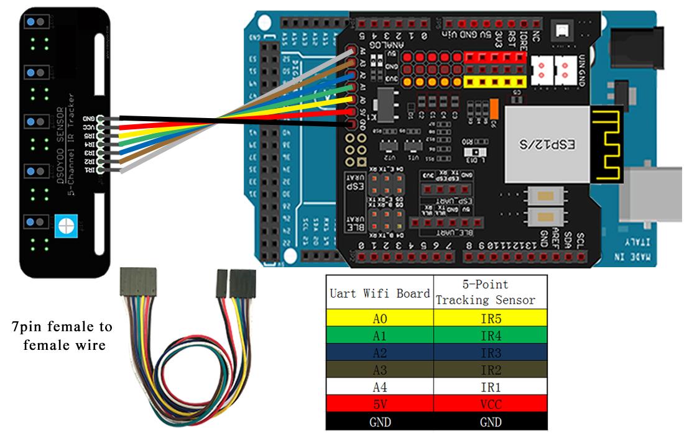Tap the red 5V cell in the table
(379, 404)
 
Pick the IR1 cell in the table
(491, 387)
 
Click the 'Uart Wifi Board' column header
(379, 293)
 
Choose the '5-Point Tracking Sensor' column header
(491, 292)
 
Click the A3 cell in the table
(379, 370)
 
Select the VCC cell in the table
(491, 404)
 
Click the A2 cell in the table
(379, 352)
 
